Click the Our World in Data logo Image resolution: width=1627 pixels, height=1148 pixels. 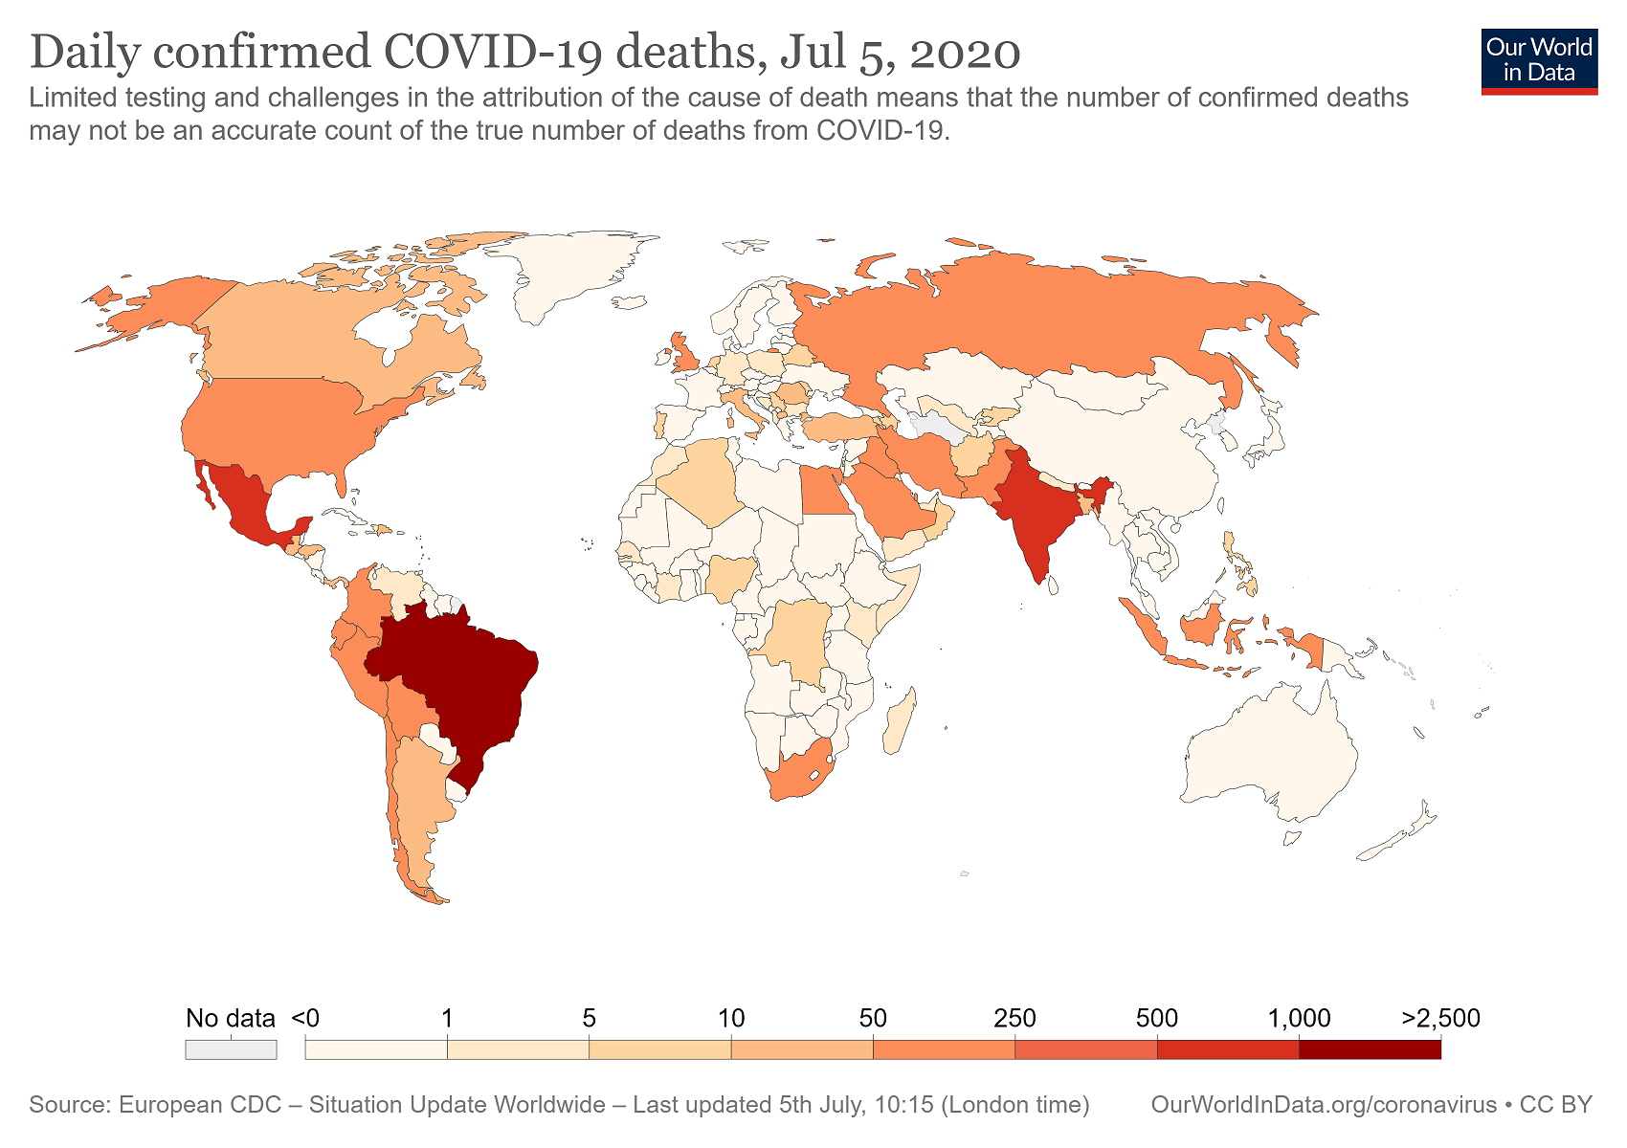1539,62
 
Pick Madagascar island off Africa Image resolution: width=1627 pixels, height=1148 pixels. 900,722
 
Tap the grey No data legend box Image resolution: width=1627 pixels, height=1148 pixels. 231,1050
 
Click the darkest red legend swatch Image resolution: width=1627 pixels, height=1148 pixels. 1370,1050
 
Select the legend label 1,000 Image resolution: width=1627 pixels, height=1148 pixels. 1299,1018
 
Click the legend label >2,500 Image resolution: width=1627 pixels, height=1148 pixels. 1440,1018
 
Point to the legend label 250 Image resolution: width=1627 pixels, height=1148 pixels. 1014,1018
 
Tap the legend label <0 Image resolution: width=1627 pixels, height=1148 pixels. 305,1018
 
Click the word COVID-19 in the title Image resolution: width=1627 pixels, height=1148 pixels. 493,53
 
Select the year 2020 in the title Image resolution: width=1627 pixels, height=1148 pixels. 966,54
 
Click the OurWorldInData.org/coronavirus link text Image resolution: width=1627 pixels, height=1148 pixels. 1325,1104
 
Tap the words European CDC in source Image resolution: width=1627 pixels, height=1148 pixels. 200,1104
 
